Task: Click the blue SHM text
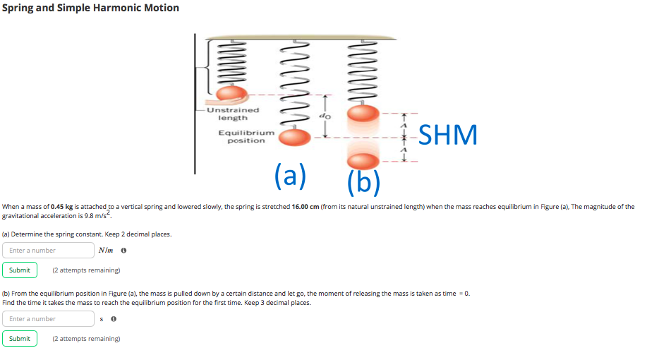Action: [448, 134]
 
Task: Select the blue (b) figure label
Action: [364, 181]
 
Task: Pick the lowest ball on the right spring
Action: [363, 162]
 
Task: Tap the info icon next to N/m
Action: [124, 251]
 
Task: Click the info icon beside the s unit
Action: [114, 319]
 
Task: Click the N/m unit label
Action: [107, 250]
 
